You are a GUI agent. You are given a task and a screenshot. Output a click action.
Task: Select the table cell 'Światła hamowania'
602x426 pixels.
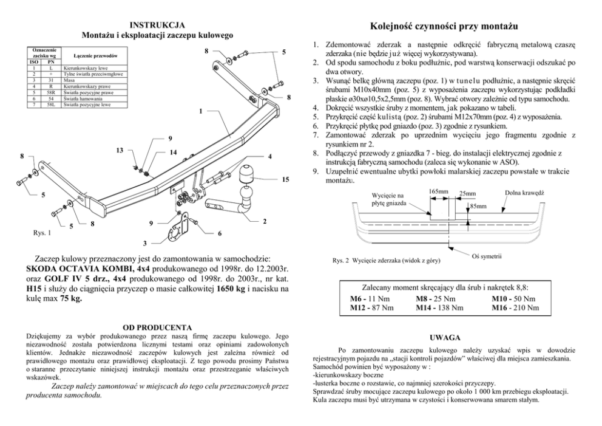coord(81,98)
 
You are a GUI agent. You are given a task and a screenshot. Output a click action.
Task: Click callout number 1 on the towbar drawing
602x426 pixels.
coord(201,111)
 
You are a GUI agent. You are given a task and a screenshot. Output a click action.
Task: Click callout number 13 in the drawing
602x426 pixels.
coord(120,150)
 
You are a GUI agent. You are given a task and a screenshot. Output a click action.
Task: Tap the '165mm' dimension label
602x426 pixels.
coord(438,191)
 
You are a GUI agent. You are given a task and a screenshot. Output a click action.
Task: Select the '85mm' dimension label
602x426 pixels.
coord(478,207)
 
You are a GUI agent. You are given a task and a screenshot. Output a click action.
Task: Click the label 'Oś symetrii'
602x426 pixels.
coord(486,256)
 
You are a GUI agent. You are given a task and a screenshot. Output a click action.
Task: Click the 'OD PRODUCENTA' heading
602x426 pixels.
coord(157,327)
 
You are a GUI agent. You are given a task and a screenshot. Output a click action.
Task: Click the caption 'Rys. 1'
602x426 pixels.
coord(41,232)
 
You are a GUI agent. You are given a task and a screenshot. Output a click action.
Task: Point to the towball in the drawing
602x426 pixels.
coord(249,196)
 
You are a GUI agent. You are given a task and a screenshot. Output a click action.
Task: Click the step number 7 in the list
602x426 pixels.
coord(316,133)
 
